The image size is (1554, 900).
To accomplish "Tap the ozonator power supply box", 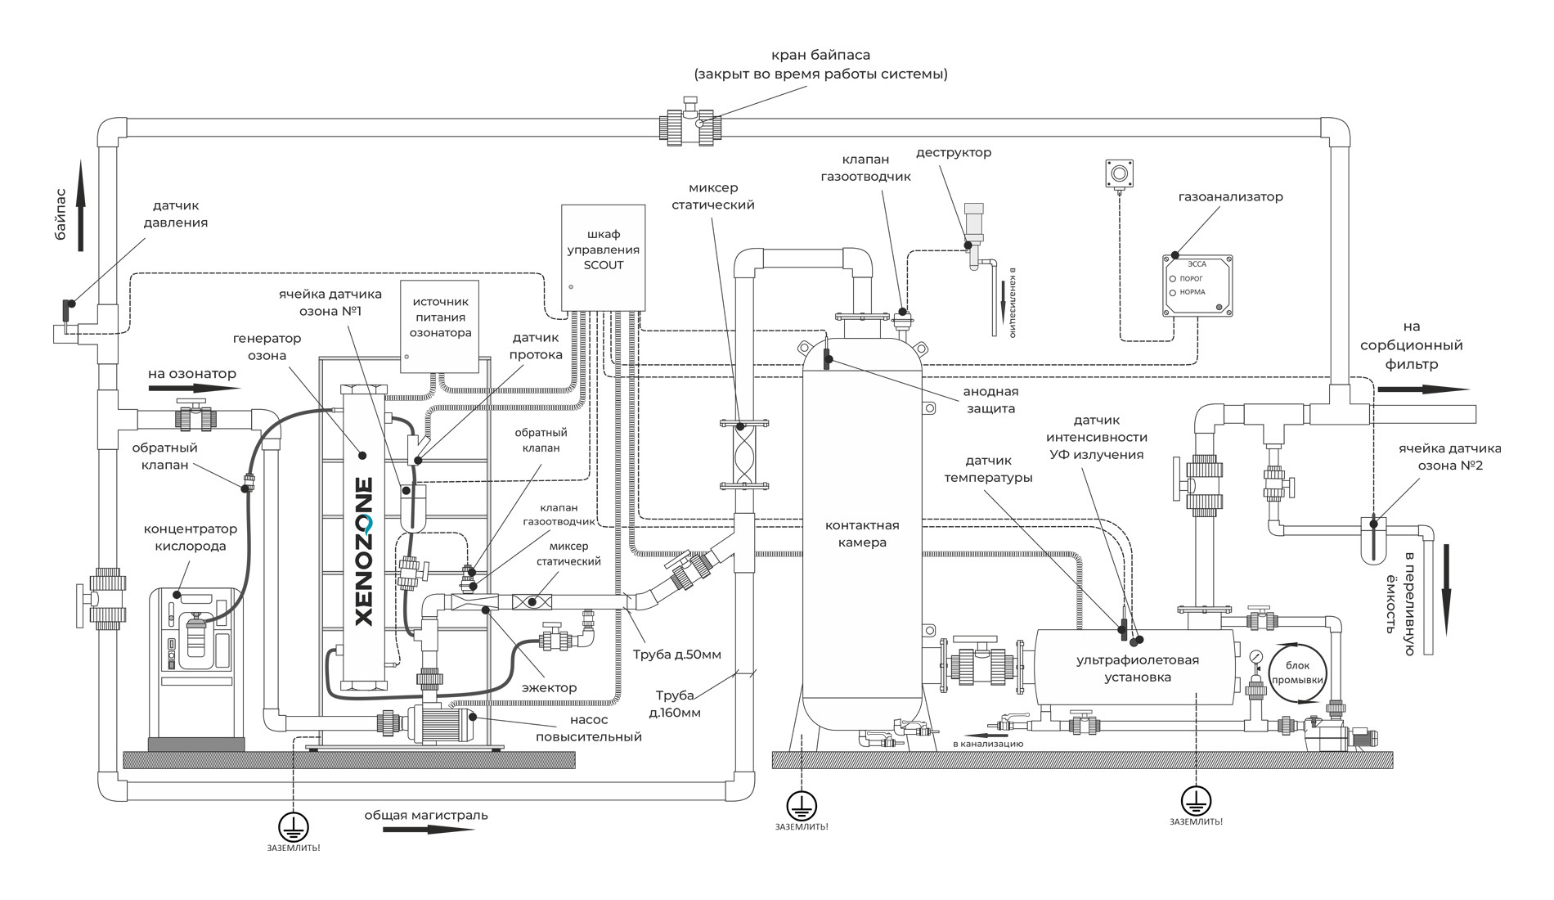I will [x=439, y=326].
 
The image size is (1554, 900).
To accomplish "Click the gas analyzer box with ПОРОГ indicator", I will [x=1197, y=286].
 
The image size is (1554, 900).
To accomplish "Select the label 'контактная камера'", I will [x=861, y=533].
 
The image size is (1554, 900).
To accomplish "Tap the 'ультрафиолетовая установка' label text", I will [x=1137, y=668].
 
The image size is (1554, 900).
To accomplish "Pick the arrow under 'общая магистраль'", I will [x=428, y=830].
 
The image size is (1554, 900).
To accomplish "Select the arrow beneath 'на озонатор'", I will [x=194, y=388].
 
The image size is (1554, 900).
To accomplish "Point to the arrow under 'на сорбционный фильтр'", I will [x=1422, y=389].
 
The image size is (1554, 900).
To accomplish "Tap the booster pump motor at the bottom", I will [x=446, y=723].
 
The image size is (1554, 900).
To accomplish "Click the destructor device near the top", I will [x=973, y=225].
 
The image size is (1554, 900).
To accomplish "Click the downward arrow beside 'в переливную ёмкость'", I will [x=1446, y=589].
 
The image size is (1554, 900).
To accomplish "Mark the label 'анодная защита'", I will [x=990, y=400].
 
